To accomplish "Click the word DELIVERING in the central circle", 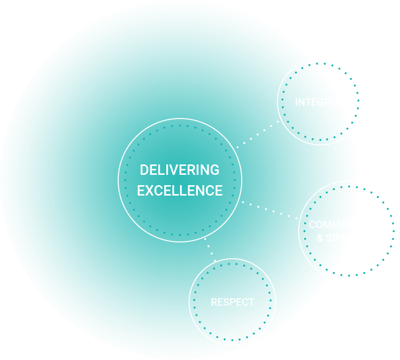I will (x=179, y=170).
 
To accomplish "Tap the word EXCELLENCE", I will (x=179, y=191).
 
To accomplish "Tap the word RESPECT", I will (x=232, y=302).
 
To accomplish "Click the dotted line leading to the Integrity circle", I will (x=258, y=133).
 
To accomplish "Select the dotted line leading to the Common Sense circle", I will (x=269, y=209).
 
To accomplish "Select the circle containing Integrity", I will (x=319, y=123).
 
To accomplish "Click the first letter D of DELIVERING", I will (x=144, y=170).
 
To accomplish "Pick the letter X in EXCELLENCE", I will (x=149, y=191).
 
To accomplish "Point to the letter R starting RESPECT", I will (x=214, y=302).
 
